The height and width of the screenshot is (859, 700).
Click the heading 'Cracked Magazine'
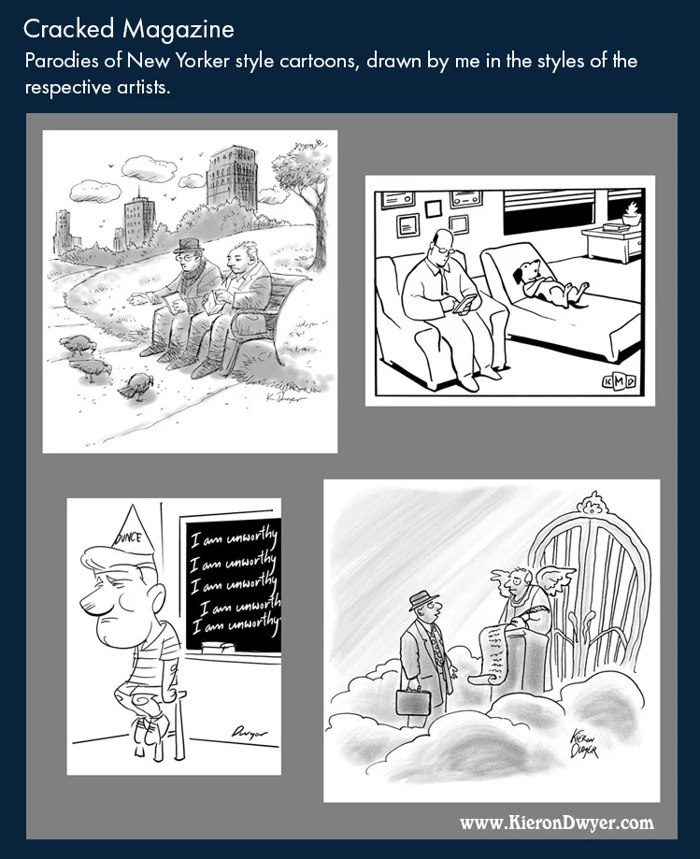[x=128, y=30]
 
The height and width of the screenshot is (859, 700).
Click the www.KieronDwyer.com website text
[x=556, y=823]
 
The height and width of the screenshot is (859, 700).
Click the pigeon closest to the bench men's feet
[x=137, y=384]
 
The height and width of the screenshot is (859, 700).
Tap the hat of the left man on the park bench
[x=190, y=244]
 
